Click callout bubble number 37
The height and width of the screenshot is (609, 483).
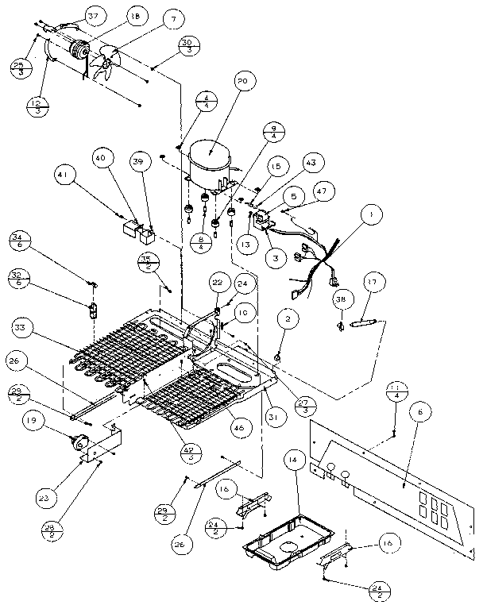(93, 16)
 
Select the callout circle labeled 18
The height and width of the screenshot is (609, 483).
(136, 16)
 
